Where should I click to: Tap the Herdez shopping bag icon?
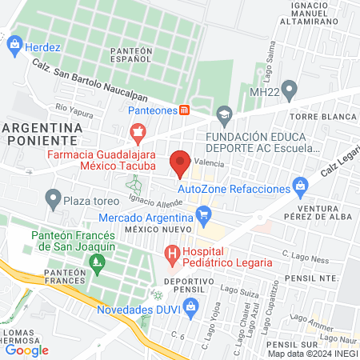(14, 46)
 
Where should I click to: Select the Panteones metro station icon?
(184, 110)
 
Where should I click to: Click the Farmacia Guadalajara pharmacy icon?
(138, 130)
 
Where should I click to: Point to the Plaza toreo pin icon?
(54, 197)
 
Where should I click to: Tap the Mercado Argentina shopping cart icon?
(203, 214)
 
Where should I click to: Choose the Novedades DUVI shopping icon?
(190, 306)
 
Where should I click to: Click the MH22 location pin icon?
(290, 88)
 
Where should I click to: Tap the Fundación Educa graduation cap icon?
(225, 113)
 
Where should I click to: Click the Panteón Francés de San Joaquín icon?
(98, 261)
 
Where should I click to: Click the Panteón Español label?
(130, 56)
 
